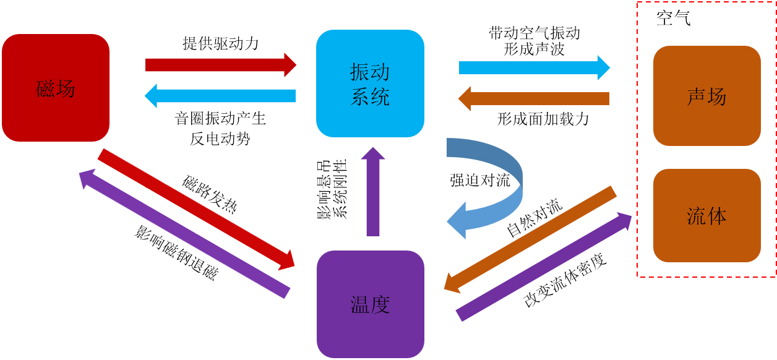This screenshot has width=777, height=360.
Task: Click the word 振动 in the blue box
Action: pos(370,72)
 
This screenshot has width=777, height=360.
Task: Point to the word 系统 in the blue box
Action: pos(370,97)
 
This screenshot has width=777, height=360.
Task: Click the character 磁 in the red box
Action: pos(46,89)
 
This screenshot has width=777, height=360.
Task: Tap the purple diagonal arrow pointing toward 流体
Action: pos(544,266)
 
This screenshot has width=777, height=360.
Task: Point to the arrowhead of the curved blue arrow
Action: pos(458,220)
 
